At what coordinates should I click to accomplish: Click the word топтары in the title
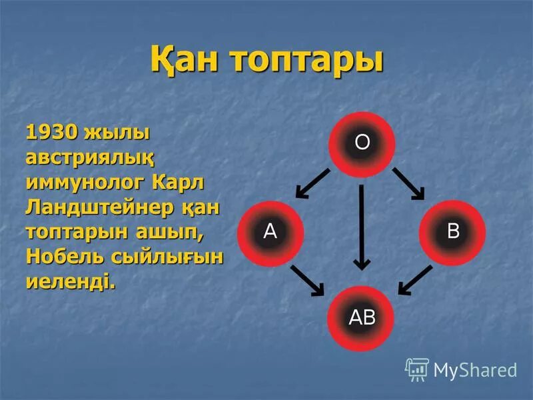coord(307,61)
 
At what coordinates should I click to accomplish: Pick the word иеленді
coord(70,281)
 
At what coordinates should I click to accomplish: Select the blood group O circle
coord(362,144)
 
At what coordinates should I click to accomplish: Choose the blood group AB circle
coord(362,318)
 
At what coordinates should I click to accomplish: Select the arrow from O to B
coord(408,183)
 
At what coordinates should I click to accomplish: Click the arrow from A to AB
coord(308,280)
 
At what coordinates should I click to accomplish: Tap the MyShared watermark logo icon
coord(416,369)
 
